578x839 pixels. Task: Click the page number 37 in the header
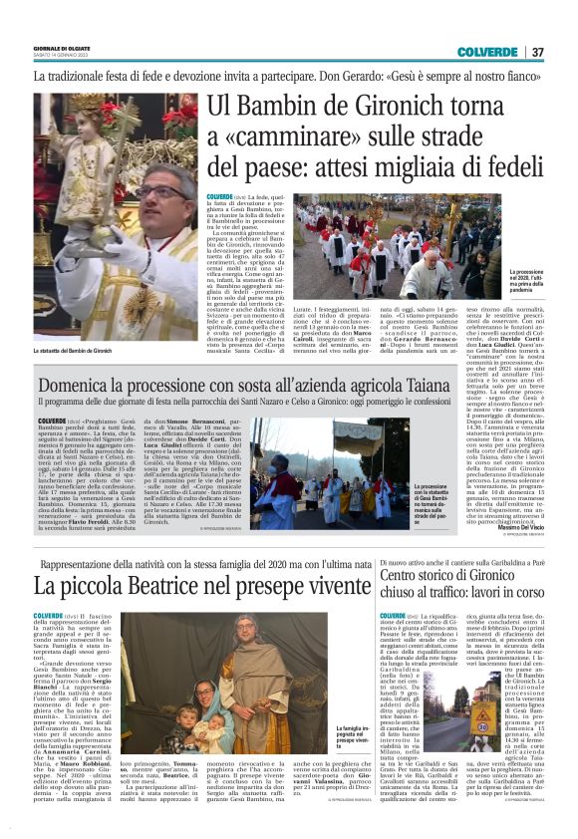538,52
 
